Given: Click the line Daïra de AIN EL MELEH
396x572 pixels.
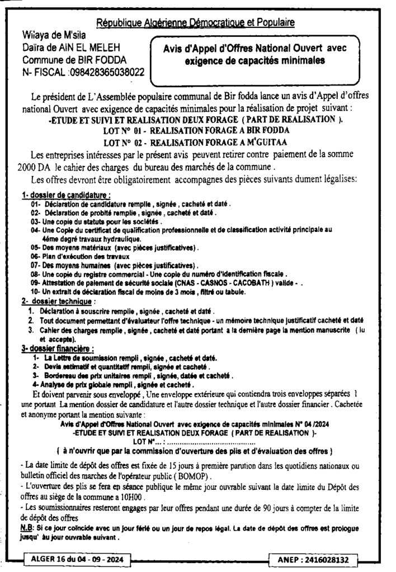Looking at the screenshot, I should (x=72, y=48).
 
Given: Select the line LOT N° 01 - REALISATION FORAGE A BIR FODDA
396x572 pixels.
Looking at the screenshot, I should (x=200, y=130).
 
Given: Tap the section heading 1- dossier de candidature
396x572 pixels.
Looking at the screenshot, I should (x=65, y=196).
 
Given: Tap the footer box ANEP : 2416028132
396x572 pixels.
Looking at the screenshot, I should (x=317, y=559).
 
